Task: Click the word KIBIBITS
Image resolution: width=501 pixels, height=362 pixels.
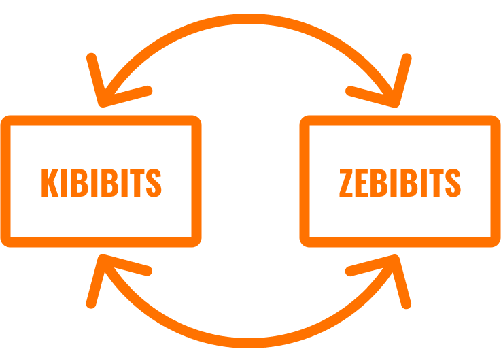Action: [101, 182]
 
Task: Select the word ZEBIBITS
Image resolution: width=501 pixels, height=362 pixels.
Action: [400, 182]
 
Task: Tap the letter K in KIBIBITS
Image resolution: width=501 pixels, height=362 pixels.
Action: [50, 182]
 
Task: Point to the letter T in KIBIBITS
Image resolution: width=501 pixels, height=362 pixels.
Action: [137, 182]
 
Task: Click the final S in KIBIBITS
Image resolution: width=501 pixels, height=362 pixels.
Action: [154, 182]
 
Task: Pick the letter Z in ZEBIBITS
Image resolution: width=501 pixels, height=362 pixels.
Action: [346, 182]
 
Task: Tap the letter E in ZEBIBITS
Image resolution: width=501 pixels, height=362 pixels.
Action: [362, 182]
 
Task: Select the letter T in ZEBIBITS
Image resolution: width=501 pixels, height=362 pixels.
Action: [436, 182]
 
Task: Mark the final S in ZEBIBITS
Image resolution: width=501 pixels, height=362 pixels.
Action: [453, 182]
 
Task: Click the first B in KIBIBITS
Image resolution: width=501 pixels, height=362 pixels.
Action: [80, 182]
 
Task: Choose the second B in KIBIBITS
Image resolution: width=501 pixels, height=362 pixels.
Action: [109, 182]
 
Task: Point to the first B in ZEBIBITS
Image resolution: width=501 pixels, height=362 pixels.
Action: [379, 182]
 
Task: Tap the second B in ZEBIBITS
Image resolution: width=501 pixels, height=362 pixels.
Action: [409, 182]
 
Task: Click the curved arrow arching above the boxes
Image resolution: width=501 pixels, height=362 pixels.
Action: [249, 18]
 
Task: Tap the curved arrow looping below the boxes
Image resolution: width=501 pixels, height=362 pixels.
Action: [249, 343]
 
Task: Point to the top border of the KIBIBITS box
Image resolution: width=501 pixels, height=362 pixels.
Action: [101, 120]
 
